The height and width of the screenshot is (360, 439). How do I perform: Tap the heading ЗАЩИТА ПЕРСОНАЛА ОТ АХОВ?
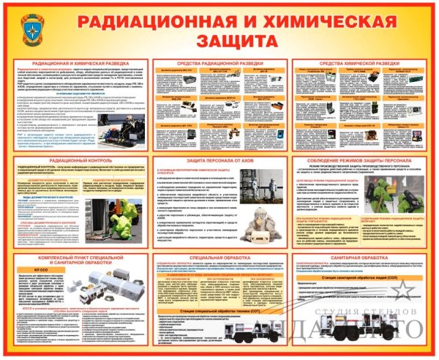click(219, 160)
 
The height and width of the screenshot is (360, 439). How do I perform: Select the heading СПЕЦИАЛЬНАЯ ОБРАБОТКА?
click(219, 258)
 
